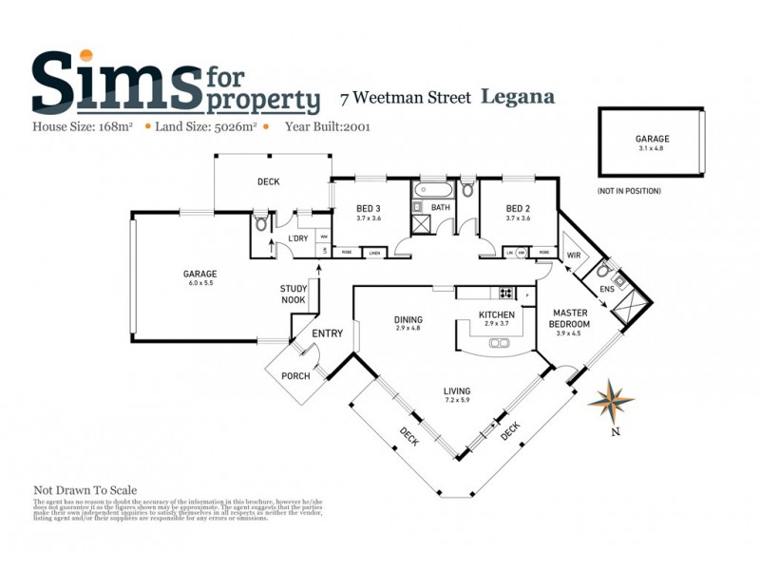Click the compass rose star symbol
[x=610, y=402]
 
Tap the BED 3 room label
[x=369, y=209]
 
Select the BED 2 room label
[x=517, y=209]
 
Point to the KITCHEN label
[x=496, y=314]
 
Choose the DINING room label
[x=408, y=319]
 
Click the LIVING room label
[x=457, y=390]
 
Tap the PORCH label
[x=295, y=376]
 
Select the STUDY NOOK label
[x=293, y=294]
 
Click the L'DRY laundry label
[x=298, y=238]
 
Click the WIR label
[x=574, y=256]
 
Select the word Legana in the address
[x=518, y=96]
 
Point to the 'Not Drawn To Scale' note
[x=85, y=490]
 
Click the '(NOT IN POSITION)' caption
[x=629, y=191]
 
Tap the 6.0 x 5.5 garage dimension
[x=200, y=283]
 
